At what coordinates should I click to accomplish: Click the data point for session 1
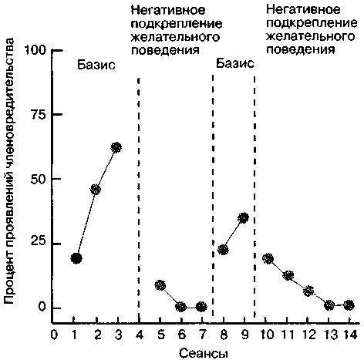[76, 258]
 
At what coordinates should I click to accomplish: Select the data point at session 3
[116, 147]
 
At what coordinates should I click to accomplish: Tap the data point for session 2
[96, 190]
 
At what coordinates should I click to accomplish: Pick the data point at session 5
[160, 285]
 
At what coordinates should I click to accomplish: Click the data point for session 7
[201, 307]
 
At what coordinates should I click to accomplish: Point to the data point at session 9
[243, 217]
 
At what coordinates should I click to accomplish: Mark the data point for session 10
[268, 258]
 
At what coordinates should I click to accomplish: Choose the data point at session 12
[308, 291]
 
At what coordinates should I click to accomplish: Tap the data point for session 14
[349, 305]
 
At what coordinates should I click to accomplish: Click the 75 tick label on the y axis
[39, 115]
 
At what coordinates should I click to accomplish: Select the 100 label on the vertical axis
[35, 50]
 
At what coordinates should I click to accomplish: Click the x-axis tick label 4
[140, 335]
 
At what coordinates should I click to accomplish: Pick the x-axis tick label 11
[288, 335]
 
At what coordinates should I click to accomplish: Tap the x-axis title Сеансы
[204, 353]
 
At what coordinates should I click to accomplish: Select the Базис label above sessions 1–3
[96, 65]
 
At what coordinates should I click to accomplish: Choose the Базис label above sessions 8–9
[235, 63]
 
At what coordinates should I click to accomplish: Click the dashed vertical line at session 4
[139, 200]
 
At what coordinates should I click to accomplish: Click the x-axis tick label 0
[54, 335]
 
